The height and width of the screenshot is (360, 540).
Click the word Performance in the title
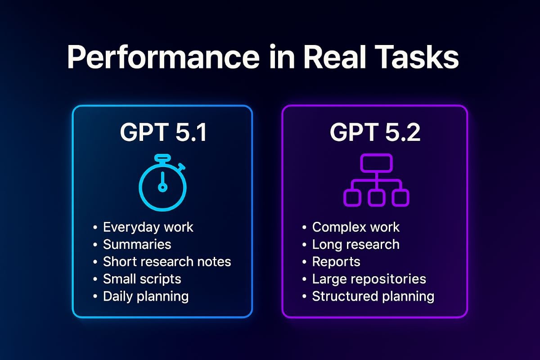163,57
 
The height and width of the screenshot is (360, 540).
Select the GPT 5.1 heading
163,132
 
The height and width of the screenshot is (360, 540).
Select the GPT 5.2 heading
375,132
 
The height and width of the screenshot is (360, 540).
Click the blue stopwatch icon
162,183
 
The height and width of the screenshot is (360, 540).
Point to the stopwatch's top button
162,157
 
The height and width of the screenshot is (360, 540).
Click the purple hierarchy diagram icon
376,180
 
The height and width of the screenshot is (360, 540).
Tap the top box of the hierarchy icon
376,163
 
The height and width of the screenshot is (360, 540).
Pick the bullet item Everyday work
148,227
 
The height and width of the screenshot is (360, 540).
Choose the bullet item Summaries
137,244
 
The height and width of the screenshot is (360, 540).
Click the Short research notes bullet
167,261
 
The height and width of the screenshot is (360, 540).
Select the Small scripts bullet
142,279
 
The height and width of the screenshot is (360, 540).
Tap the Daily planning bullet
146,297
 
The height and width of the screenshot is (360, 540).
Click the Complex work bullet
356,227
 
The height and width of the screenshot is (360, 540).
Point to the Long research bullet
356,245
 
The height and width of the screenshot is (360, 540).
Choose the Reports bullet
336,262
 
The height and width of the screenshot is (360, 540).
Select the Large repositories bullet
369,279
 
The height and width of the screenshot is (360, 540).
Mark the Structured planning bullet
373,297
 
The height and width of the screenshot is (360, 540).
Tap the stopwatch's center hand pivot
162,187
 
